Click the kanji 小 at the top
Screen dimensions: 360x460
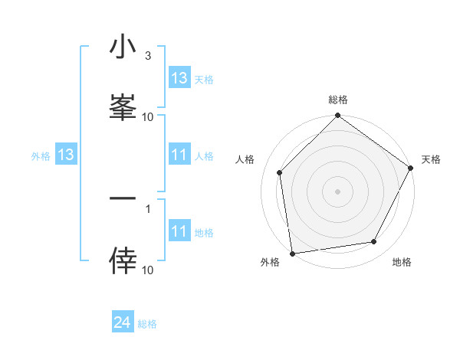click(x=123, y=47)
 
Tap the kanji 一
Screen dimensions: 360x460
click(x=123, y=200)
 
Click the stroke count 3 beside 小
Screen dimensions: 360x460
click(x=148, y=57)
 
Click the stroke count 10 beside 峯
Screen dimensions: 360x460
click(x=148, y=116)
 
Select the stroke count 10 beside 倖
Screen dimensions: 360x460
click(x=148, y=270)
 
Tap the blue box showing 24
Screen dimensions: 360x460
click(x=123, y=323)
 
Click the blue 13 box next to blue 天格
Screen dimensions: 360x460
click(x=179, y=78)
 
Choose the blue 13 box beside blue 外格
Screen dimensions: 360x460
click(x=65, y=155)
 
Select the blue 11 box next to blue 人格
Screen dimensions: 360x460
click(x=179, y=155)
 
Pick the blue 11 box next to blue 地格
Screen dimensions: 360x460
click(x=179, y=232)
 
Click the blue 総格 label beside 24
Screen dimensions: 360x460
click(x=147, y=324)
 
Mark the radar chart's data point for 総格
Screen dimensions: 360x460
click(x=337, y=116)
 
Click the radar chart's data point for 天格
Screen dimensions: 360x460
click(x=411, y=168)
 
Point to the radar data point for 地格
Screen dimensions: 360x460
click(x=374, y=242)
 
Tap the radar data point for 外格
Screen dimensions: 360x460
click(x=292, y=253)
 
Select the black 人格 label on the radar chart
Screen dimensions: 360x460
click(x=245, y=159)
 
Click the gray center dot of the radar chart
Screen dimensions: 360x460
click(x=337, y=191)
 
